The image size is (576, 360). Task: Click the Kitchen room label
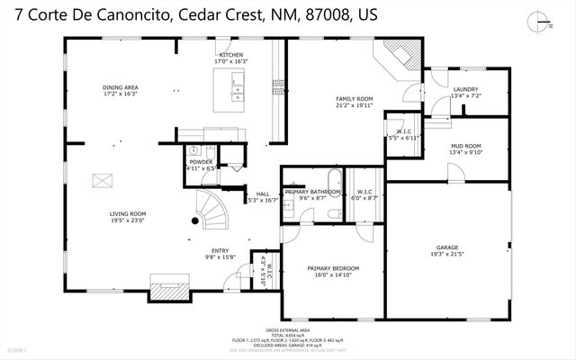pos(230,58)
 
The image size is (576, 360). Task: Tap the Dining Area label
pos(120,90)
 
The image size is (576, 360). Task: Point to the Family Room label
pos(355,101)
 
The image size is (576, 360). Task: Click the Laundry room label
pos(465,92)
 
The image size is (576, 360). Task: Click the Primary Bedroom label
pos(333,271)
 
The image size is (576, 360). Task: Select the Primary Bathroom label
pos(312,194)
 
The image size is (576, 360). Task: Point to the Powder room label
pos(201,164)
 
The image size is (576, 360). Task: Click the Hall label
pos(263,197)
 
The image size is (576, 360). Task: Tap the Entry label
pos(220,254)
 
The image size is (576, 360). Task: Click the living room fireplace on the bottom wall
pos(169,292)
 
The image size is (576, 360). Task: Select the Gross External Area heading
pos(286,330)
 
